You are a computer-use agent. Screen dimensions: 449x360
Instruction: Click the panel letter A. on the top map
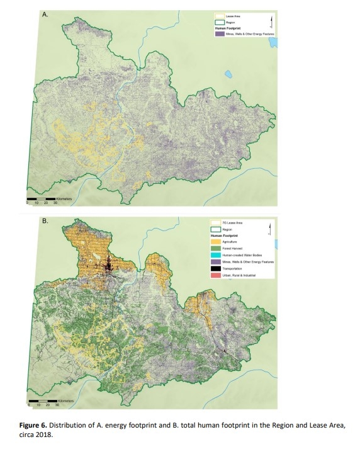[x=45, y=14]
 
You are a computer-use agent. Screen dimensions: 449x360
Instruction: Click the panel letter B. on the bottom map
[x=45, y=220]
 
